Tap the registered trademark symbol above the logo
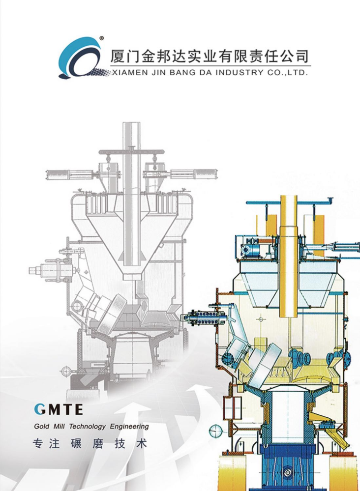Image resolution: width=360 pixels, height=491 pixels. (101, 38)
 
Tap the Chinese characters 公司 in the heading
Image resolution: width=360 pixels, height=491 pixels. (294, 57)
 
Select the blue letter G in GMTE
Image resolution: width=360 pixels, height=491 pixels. (39, 409)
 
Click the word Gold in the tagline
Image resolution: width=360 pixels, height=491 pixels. (41, 427)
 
